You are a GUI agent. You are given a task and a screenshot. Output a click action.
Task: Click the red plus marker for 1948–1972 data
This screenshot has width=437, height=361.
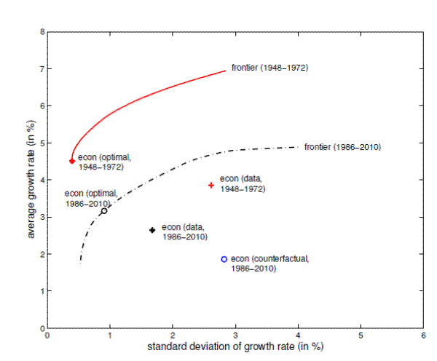coord(211,185)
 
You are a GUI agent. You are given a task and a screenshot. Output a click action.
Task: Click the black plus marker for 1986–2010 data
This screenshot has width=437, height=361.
coord(152,230)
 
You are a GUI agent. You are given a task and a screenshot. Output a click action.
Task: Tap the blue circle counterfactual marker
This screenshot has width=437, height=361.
coord(224,259)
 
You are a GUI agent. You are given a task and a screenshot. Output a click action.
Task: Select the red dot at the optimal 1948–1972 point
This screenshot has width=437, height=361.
coord(71,161)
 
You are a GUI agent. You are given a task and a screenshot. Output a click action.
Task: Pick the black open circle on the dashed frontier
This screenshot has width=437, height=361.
coord(104,210)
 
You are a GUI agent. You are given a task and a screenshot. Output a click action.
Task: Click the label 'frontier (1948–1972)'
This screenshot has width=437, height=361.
coord(270,68)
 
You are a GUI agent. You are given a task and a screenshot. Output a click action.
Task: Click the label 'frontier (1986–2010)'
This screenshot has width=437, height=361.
coord(342,147)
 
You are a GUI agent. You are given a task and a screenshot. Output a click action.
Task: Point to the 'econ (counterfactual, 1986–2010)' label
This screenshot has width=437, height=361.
coord(269,263)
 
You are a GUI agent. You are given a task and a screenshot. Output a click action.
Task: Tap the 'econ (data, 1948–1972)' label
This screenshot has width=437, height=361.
coord(243,183)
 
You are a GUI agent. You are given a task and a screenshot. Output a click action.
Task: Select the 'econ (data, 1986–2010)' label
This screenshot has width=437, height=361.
coord(184,231)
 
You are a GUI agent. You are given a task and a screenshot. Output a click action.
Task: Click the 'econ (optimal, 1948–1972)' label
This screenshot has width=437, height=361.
coord(103,162)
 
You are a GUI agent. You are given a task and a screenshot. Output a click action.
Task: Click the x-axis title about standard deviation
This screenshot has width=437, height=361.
coord(235,346)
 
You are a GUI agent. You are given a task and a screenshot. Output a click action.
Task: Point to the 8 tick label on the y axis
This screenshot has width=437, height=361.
coord(42,32)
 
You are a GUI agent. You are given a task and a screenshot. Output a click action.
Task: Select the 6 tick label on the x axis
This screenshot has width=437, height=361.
coord(424,336)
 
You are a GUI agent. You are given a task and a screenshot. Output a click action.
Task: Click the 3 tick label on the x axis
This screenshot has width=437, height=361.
coord(235,336)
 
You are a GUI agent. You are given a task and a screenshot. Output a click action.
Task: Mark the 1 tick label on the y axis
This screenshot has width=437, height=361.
coord(42,291)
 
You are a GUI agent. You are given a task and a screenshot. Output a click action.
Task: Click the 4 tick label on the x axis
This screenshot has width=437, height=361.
coord(299,336)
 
